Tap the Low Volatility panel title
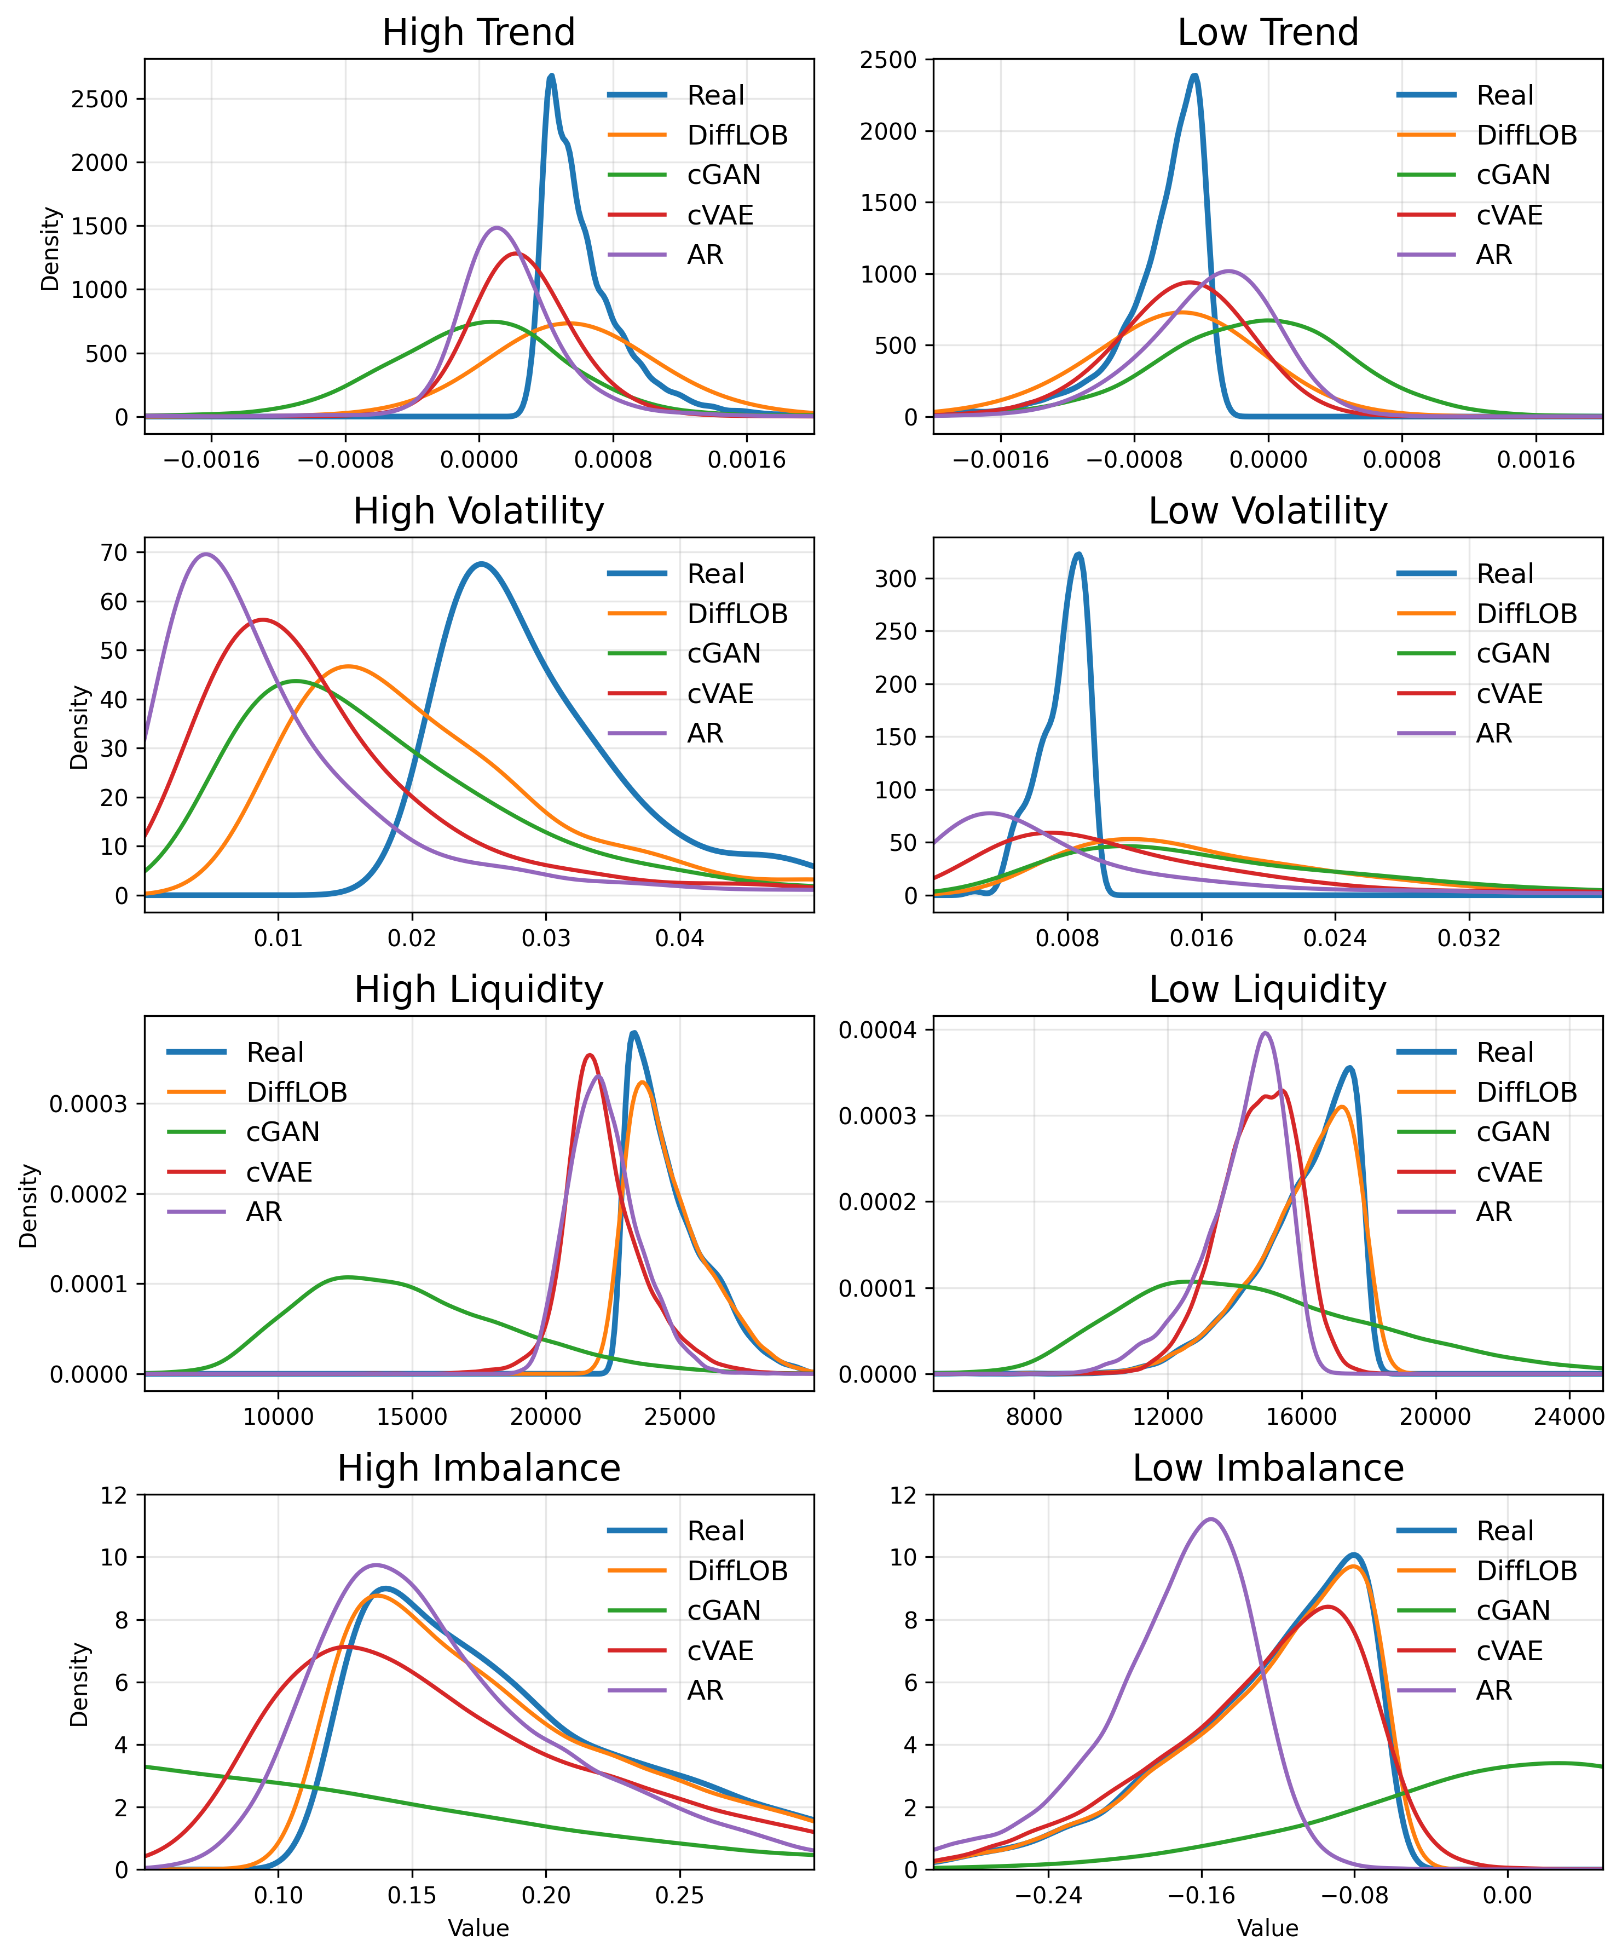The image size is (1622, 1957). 1267,511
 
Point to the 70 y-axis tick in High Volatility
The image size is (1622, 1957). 114,552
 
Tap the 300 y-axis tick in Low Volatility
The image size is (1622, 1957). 896,579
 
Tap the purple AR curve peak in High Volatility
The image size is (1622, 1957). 205,555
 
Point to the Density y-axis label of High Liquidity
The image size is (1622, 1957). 29,1206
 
